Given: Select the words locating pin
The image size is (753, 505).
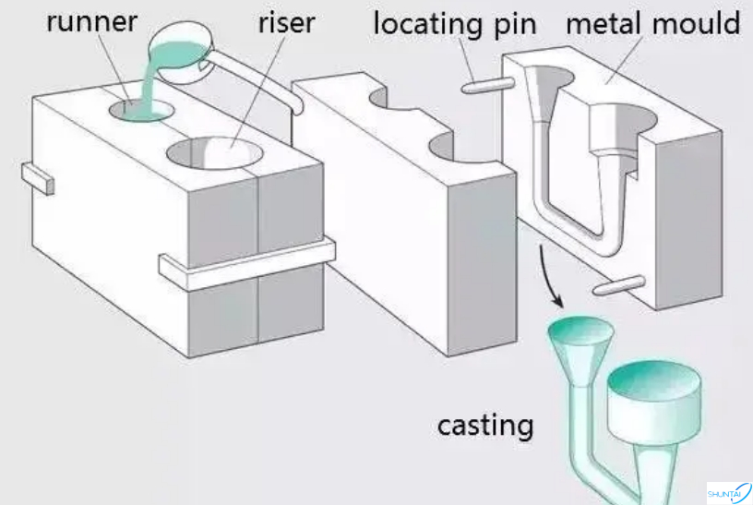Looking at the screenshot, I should pyautogui.click(x=454, y=22).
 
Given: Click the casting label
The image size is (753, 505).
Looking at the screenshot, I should pyautogui.click(x=485, y=426).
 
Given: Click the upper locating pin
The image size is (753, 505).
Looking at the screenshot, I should pyautogui.click(x=487, y=86).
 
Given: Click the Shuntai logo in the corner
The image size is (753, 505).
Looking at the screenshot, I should pyautogui.click(x=728, y=492).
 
